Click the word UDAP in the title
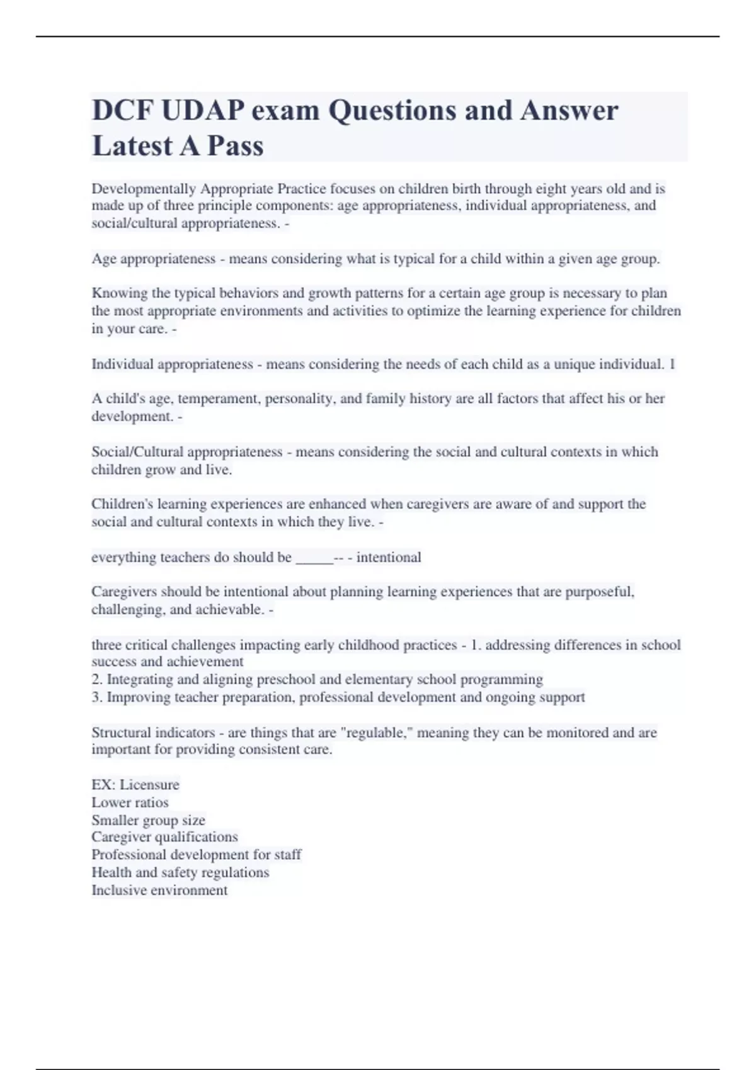pyautogui.click(x=202, y=111)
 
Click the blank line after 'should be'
pyautogui.click(x=314, y=558)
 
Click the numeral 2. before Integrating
pyautogui.click(x=97, y=680)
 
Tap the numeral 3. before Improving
pyautogui.click(x=97, y=697)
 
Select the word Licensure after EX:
pyautogui.click(x=149, y=785)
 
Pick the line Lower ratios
pyautogui.click(x=130, y=802)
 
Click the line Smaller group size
pyautogui.click(x=148, y=820)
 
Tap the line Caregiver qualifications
pyautogui.click(x=164, y=837)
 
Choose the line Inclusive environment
pyautogui.click(x=159, y=890)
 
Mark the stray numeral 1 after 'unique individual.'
pyautogui.click(x=672, y=364)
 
